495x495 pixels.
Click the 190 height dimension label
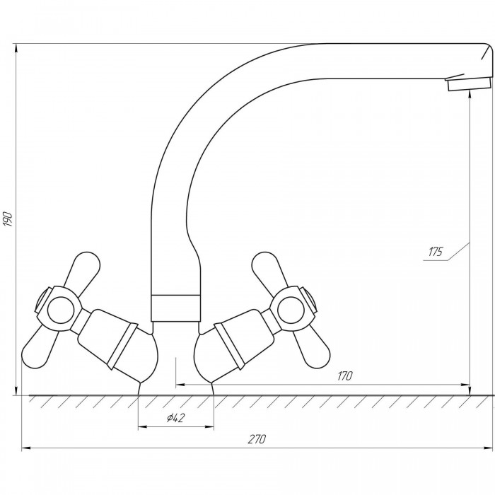(8, 219)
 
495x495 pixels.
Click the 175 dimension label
(436, 252)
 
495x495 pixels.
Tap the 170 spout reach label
(345, 376)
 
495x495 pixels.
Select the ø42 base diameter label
(175, 418)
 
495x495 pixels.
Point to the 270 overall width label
(257, 439)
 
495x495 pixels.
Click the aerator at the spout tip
(470, 83)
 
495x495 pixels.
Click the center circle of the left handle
(60, 310)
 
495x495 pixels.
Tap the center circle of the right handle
(291, 310)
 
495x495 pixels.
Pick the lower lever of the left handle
(39, 347)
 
